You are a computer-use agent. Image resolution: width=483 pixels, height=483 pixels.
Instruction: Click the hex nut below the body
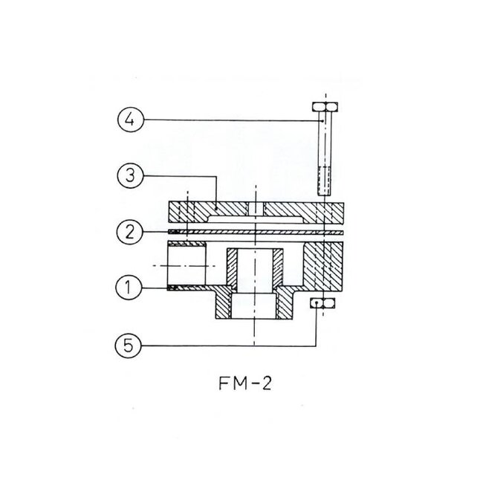323,302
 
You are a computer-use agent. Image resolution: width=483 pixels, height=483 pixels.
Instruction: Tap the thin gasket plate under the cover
256,231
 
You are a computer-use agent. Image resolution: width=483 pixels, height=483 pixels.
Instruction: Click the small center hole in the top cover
256,210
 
